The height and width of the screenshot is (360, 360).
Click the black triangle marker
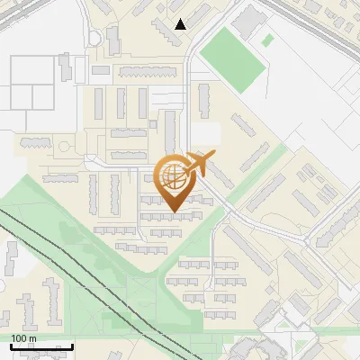click(x=181, y=24)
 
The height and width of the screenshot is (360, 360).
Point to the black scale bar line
click(x=41, y=346)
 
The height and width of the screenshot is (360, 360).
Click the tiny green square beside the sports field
click(x=267, y=40)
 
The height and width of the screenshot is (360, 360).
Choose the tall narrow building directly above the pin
click(x=170, y=129)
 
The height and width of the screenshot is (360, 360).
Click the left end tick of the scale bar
click(x=12, y=346)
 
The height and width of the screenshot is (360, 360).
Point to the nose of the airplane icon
click(x=214, y=156)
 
